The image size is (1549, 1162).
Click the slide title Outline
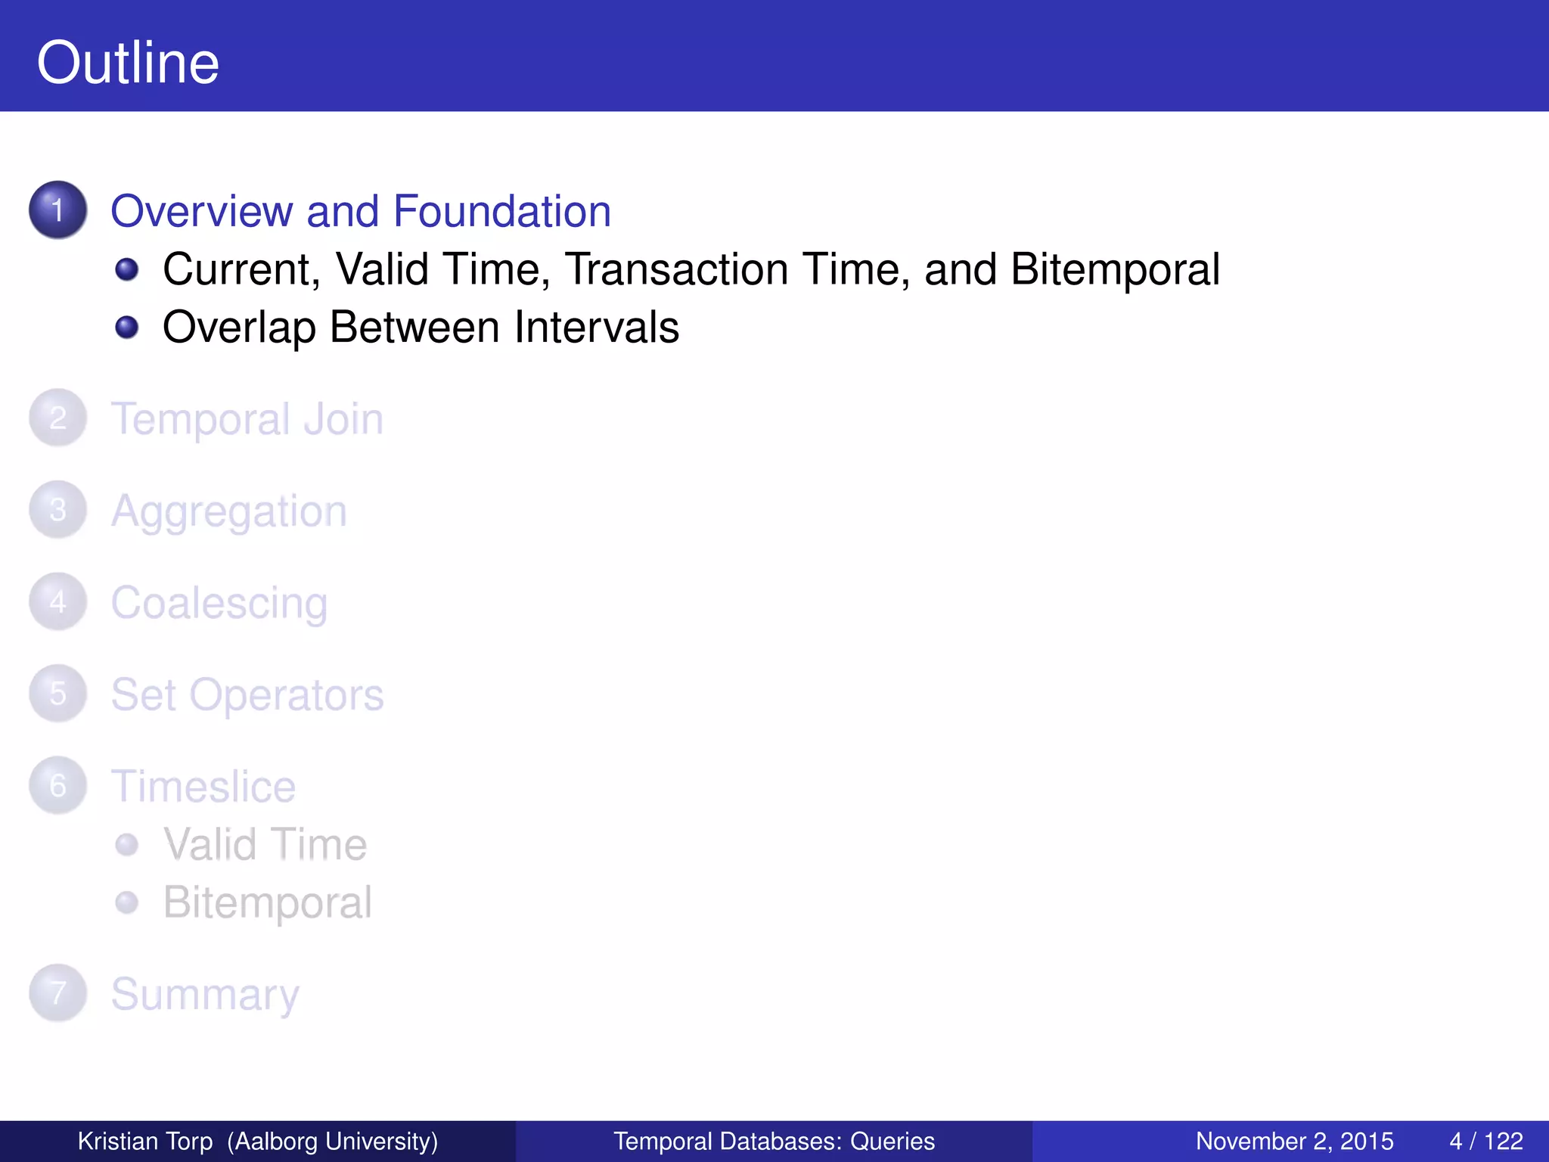(x=128, y=63)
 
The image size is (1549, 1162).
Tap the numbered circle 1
(x=58, y=210)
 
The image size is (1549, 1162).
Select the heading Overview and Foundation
(x=361, y=211)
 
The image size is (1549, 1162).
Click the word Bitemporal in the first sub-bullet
(x=1115, y=269)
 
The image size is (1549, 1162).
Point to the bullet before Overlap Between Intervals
(x=127, y=328)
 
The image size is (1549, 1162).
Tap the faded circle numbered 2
(x=58, y=418)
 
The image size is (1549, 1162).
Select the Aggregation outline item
(x=229, y=511)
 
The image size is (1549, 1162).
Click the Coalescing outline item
(x=219, y=603)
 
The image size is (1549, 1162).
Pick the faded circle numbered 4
(x=58, y=601)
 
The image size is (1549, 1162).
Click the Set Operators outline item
(x=247, y=694)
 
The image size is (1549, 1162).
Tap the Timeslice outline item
(x=203, y=787)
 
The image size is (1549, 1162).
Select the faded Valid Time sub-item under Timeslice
(x=265, y=844)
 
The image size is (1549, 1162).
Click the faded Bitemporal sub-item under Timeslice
(x=268, y=903)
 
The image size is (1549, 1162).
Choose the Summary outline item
(x=205, y=994)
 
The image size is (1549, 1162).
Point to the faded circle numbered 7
(x=58, y=993)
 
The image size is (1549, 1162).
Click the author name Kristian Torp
(x=145, y=1141)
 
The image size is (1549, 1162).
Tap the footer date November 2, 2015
(x=1294, y=1141)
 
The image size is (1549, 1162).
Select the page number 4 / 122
(x=1485, y=1141)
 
